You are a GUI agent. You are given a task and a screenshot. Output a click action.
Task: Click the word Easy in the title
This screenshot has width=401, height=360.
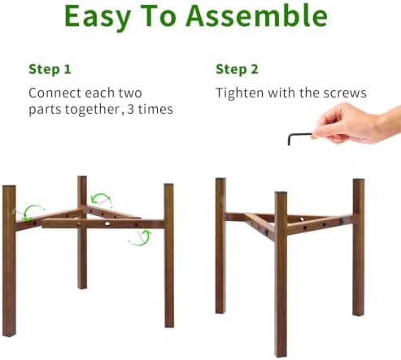98,17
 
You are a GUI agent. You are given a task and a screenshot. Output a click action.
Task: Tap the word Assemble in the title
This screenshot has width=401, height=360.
256,15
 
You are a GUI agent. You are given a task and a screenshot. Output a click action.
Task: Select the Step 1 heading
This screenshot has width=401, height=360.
50,69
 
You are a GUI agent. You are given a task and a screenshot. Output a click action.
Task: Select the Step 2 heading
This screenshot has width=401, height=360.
237,69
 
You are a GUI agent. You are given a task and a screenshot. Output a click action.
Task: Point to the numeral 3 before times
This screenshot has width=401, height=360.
130,109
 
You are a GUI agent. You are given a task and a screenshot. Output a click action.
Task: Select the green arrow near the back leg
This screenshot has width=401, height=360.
102,199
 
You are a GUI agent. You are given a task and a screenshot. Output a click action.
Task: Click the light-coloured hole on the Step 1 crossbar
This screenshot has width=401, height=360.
107,223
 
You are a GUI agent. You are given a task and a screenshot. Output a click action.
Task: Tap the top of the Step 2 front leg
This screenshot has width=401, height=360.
281,193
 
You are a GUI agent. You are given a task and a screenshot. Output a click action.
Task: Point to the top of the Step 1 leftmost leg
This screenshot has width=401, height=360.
9,188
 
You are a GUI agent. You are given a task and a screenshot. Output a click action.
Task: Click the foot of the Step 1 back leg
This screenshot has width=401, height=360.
82,286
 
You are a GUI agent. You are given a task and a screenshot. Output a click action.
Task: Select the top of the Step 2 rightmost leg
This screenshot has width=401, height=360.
359,180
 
